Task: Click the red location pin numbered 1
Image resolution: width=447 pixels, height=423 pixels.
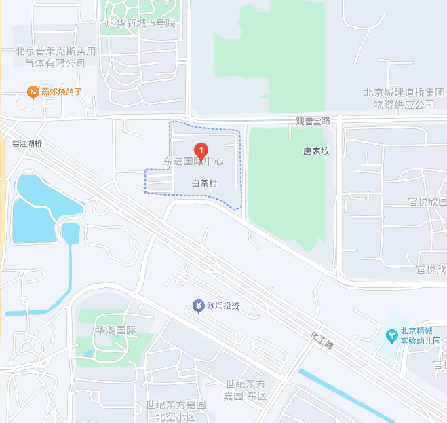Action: (201, 151)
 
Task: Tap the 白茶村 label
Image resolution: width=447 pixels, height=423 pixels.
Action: (204, 183)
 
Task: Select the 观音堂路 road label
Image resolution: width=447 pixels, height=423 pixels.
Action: (313, 121)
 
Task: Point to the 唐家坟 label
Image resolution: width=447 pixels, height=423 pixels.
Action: (315, 151)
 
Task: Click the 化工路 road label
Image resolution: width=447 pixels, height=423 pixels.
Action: (322, 339)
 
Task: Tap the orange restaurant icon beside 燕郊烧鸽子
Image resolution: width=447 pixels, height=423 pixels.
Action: (32, 91)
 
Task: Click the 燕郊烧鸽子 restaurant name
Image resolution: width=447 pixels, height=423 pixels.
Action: (62, 91)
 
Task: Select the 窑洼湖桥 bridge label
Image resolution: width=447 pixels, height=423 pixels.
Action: (27, 143)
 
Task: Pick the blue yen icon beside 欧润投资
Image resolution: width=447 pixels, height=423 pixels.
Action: (198, 306)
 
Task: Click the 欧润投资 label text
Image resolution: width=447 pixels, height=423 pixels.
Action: (223, 306)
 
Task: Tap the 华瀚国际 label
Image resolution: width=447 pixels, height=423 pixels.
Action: (116, 331)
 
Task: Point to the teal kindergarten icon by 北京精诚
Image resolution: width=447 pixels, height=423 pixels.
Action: (391, 335)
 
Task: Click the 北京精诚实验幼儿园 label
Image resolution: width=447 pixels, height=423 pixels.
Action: (420, 335)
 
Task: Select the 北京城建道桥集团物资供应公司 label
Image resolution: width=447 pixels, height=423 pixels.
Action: (404, 99)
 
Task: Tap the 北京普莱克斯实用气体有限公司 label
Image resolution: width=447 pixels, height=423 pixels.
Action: (56, 57)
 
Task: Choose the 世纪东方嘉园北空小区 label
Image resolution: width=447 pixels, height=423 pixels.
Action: (176, 411)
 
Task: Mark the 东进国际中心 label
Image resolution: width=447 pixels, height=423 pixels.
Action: (193, 162)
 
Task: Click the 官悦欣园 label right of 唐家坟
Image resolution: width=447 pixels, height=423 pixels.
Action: (427, 202)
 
